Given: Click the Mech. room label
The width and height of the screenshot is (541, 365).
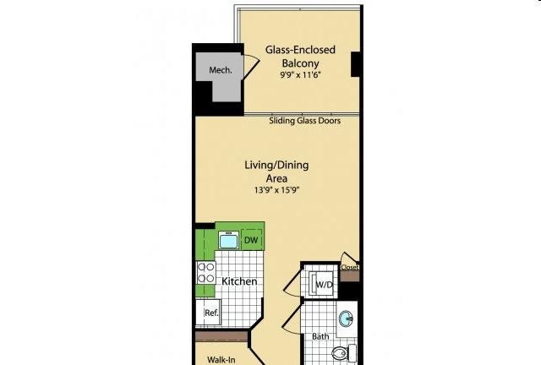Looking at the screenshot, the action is click(x=221, y=70).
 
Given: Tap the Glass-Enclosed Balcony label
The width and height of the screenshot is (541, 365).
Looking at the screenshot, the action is click(x=300, y=57).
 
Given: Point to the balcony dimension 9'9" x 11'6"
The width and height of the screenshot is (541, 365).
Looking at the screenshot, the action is click(x=301, y=74).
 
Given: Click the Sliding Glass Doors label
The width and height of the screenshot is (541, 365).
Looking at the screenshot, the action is click(x=304, y=121).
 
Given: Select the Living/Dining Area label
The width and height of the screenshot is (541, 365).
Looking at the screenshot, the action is click(x=276, y=172).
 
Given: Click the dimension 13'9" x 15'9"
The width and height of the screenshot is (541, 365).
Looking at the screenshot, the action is click(x=276, y=190).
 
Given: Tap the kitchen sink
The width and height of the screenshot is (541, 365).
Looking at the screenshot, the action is click(x=228, y=240).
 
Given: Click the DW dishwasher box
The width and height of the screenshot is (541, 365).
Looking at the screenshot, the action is click(x=252, y=240).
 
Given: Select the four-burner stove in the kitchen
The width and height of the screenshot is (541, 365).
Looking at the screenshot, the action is click(x=206, y=273).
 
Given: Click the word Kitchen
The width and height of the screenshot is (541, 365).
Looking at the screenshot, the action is click(x=239, y=281).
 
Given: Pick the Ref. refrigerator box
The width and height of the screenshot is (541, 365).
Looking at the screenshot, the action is click(x=209, y=313).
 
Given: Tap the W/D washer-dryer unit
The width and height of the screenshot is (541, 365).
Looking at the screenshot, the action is click(x=322, y=285).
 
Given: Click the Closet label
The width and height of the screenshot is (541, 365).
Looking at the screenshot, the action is click(x=350, y=267).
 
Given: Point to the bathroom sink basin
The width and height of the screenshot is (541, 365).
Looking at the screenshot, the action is click(x=346, y=319).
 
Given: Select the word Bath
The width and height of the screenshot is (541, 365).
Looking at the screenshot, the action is click(x=320, y=336).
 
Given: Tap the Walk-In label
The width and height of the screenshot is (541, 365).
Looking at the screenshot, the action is click(x=221, y=360).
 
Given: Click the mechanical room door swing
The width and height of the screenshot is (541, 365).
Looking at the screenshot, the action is click(x=252, y=66).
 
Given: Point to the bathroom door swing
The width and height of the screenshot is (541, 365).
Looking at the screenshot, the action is click(x=292, y=319).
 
